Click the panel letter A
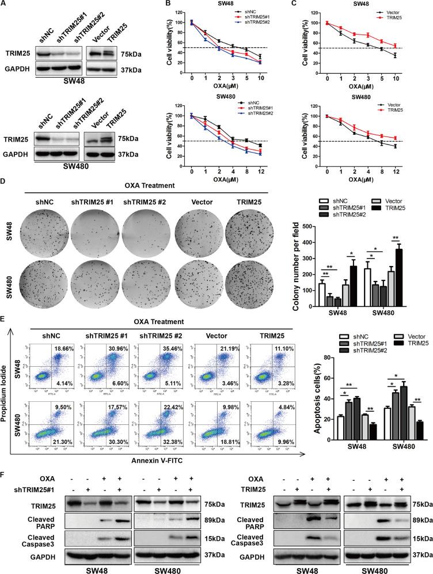coord(5,5)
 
